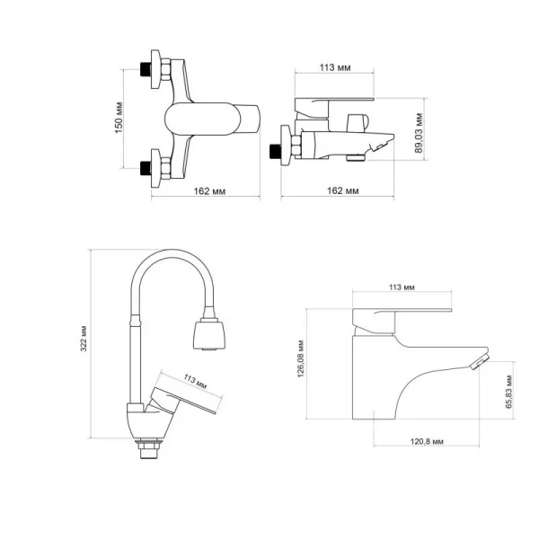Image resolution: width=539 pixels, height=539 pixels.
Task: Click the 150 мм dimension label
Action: tap(119, 117)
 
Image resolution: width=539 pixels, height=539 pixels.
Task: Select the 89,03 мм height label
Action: tap(420, 133)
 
